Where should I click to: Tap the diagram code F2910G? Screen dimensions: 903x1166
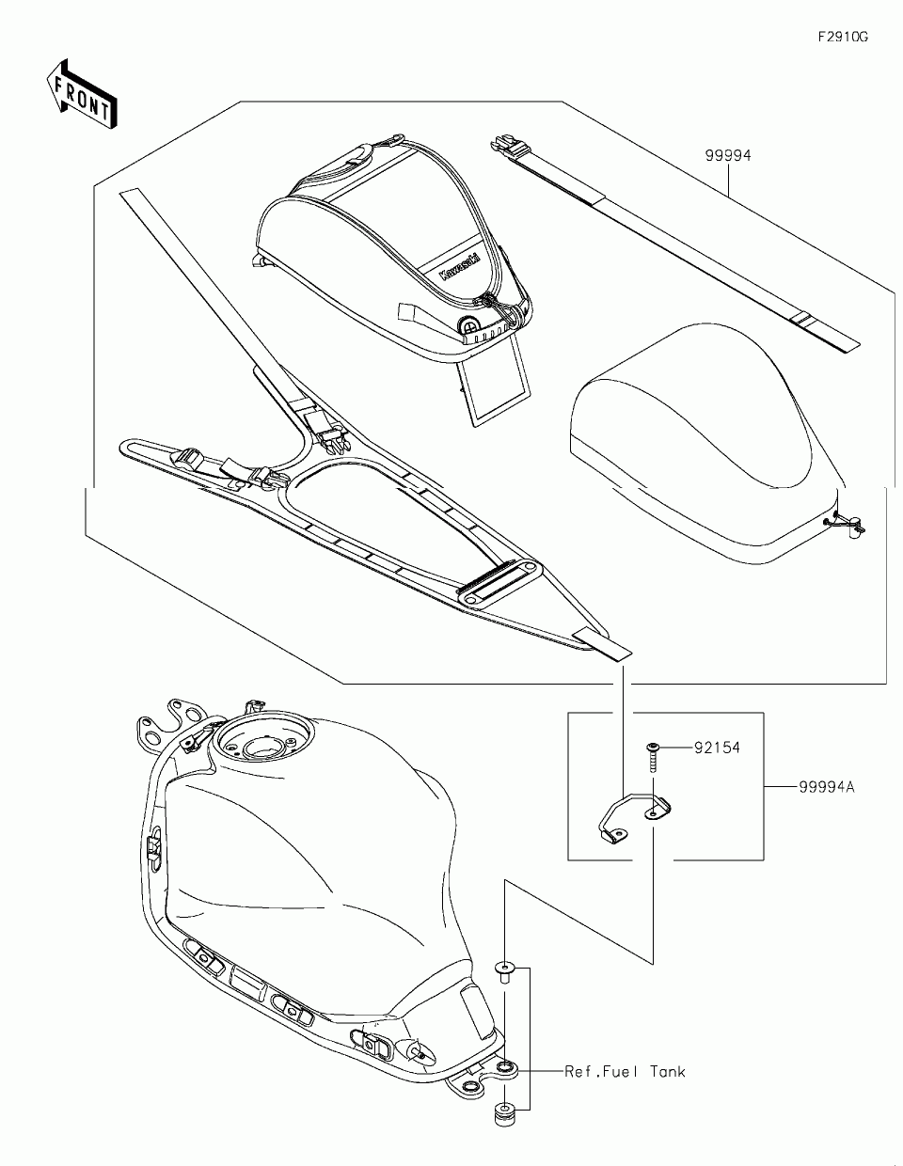tap(842, 37)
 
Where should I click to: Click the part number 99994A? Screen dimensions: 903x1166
tap(827, 787)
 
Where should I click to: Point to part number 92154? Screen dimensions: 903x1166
tap(717, 748)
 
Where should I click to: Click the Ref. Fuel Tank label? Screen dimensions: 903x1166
tap(625, 1071)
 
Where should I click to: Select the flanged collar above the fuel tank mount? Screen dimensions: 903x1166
tap(506, 969)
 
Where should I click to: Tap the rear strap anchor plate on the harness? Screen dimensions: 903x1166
tap(498, 584)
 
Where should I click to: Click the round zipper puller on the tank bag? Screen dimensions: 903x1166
tap(467, 325)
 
